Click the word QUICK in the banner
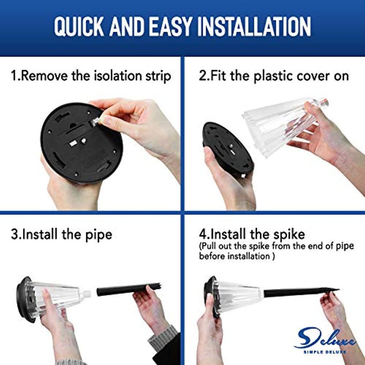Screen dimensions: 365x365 tap(79, 26)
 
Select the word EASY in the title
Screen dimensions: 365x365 tap(172, 26)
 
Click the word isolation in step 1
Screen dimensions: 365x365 tap(118, 76)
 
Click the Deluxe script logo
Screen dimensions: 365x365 tap(325, 339)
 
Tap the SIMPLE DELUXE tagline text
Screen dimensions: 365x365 tap(325, 352)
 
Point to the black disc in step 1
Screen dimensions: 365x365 tap(81, 143)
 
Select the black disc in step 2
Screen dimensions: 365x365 tap(228, 149)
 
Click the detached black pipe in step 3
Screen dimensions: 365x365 tap(129, 289)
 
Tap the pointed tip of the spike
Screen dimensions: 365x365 tap(339, 290)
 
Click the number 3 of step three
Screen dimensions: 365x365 tap(14, 235)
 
